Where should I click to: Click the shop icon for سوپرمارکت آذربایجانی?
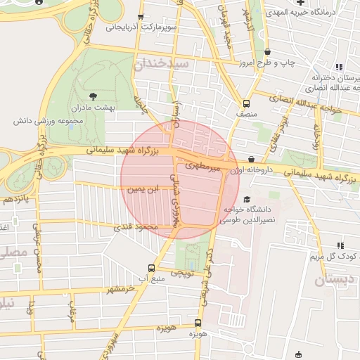pos(141,18)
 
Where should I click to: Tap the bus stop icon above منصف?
pos(245,101)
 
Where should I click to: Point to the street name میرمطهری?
pos(204,167)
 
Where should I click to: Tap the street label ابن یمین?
pos(143,190)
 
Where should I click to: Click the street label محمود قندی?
pos(136,227)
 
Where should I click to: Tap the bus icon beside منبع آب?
pos(151,268)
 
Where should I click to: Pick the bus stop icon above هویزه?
pos(198,324)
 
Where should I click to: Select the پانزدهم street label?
pos(15,200)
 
